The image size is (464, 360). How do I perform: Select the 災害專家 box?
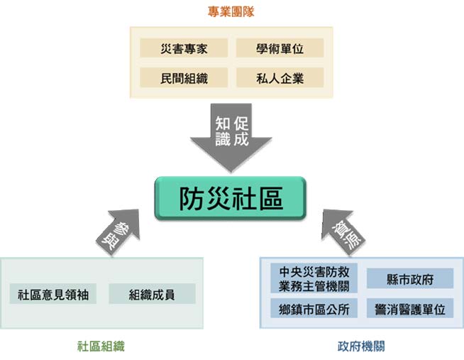(x=184, y=48)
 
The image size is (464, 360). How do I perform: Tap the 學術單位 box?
(x=280, y=48)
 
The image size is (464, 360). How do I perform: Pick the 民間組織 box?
(x=184, y=77)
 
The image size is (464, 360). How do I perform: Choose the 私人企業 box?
(x=280, y=77)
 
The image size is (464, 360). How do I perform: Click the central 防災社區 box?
(x=231, y=198)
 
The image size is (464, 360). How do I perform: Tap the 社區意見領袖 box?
(x=55, y=294)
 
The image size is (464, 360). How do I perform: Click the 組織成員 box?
(x=152, y=294)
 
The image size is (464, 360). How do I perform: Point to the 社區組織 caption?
(x=101, y=347)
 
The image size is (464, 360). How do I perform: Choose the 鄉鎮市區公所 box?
(x=314, y=309)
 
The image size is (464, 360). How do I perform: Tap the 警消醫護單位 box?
(x=410, y=309)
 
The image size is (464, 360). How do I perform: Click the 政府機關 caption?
(x=361, y=347)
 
